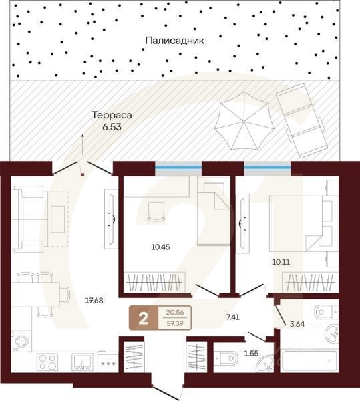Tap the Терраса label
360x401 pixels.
(x=112, y=114)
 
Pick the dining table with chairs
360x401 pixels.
(x=41, y=293)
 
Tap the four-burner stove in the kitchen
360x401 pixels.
(x=47, y=362)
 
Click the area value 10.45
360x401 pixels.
(x=161, y=246)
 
